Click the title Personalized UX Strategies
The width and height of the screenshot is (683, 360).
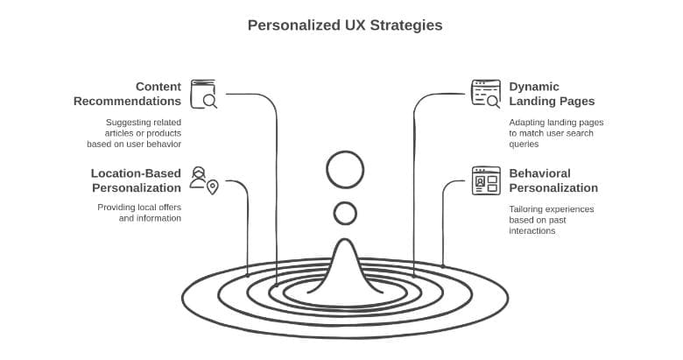(345, 25)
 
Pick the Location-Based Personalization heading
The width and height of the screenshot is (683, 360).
(136, 180)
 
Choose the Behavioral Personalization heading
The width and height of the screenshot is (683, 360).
(553, 180)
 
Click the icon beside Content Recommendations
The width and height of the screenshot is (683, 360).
(203, 93)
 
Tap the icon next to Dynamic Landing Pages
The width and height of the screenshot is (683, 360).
(485, 93)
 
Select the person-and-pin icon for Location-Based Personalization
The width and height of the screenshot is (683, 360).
(203, 180)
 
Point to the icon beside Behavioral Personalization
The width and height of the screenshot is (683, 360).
(486, 180)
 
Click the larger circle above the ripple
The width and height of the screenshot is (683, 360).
(345, 170)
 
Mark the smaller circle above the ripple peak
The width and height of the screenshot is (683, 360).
(345, 213)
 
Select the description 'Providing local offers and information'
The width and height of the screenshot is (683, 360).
(139, 213)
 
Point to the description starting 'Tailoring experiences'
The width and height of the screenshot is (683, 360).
(552, 220)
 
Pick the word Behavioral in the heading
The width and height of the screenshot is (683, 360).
(539, 173)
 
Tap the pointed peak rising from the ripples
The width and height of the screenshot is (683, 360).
(345, 254)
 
